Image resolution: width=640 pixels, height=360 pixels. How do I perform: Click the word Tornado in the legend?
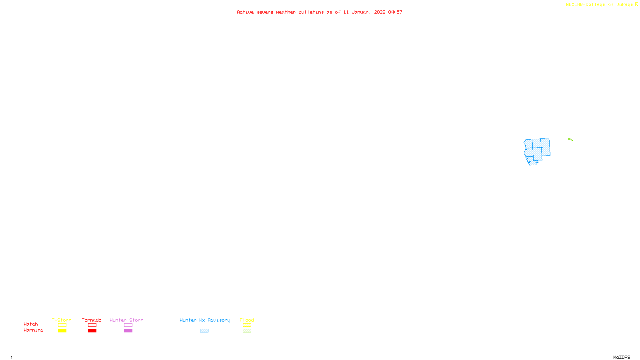tap(92, 320)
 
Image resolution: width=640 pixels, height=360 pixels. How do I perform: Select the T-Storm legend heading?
tap(62, 320)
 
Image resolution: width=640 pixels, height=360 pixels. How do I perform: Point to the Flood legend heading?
tap(247, 320)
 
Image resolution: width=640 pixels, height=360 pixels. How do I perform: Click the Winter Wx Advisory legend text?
tap(205, 320)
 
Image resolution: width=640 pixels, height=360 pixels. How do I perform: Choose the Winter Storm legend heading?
tap(126, 320)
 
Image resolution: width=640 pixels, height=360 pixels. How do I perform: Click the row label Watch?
tap(31, 324)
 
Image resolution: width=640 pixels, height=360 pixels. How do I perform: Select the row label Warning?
tap(33, 330)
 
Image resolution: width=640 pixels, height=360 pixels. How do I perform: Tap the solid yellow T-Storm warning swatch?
tap(62, 331)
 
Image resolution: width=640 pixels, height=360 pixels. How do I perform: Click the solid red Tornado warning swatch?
tap(92, 331)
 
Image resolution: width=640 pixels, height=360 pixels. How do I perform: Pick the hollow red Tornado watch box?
tap(92, 325)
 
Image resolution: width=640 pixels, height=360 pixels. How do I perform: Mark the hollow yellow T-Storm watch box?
tap(62, 325)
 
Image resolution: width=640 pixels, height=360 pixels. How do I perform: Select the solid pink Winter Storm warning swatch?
tap(128, 331)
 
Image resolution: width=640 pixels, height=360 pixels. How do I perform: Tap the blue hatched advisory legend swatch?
tap(204, 331)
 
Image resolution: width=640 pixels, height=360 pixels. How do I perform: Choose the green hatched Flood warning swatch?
tap(247, 331)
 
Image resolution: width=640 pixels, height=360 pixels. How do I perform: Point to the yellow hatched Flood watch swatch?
tap(247, 325)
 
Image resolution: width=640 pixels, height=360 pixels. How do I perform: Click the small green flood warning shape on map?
tap(570, 140)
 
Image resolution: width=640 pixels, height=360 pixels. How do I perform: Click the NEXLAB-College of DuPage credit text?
tap(600, 5)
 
